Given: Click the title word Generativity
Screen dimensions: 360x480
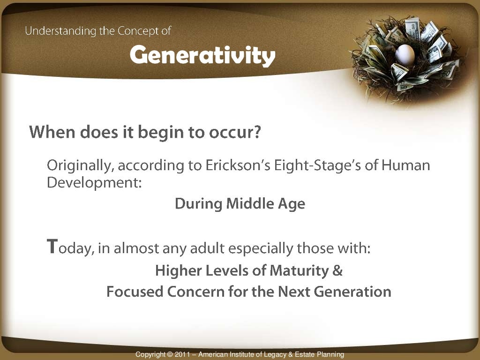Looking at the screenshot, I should tap(202, 56).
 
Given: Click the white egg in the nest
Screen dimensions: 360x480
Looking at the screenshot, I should tap(405, 55).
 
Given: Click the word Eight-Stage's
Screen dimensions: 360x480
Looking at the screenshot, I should tap(318, 165).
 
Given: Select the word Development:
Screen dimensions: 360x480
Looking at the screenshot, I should tap(94, 183).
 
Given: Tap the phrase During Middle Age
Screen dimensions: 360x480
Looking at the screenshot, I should tap(240, 204).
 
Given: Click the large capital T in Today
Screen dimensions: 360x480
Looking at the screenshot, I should tap(52, 246).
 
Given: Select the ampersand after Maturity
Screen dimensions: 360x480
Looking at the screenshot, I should tap(338, 271).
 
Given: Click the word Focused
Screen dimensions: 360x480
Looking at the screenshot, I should tap(135, 292).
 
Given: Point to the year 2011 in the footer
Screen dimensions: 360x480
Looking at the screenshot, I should tap(182, 355).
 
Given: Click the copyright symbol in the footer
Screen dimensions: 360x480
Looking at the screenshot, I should tap(170, 355).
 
